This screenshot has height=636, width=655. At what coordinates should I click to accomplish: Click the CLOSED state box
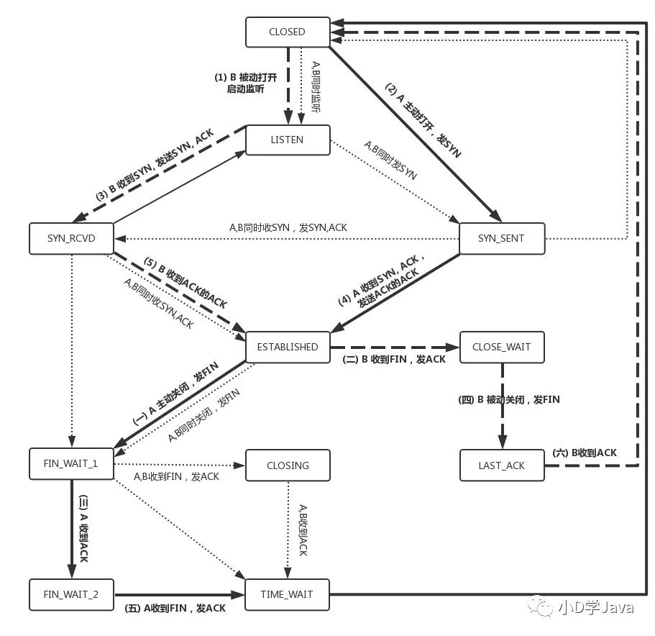click(x=288, y=32)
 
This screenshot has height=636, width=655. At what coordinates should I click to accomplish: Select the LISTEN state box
click(x=288, y=140)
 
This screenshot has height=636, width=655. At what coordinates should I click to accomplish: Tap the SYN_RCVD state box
click(x=71, y=238)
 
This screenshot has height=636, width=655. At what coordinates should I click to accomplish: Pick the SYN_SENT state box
click(x=502, y=238)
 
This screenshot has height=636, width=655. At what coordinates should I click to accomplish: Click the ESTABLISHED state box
click(x=288, y=347)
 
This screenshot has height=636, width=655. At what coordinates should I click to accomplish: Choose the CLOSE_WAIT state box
click(x=502, y=347)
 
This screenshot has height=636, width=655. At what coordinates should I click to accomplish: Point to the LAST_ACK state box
click(x=502, y=465)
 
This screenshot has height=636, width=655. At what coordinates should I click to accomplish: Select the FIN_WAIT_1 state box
click(x=71, y=463)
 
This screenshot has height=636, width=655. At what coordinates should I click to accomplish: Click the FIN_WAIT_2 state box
click(x=71, y=594)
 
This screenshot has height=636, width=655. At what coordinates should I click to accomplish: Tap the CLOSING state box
click(x=288, y=465)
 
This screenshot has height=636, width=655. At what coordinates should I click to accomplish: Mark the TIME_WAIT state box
click(x=287, y=594)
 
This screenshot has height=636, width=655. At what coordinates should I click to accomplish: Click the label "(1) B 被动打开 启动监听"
click(x=246, y=83)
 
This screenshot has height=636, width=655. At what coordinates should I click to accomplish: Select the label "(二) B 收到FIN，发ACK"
click(x=394, y=360)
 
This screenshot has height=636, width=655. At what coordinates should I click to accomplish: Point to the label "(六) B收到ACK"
click(x=585, y=453)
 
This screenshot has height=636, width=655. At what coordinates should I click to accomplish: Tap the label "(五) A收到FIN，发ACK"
click(x=175, y=608)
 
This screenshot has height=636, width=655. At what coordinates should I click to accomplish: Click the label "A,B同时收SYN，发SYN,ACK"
click(x=288, y=227)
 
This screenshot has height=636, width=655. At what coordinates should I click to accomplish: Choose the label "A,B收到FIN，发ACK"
click(x=176, y=476)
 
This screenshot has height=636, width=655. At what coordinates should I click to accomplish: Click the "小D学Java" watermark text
click(x=596, y=607)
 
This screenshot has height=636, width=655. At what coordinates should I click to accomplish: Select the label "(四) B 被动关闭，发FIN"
click(x=509, y=399)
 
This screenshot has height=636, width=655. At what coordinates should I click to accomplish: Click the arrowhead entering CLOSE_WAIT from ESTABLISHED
click(x=453, y=347)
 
